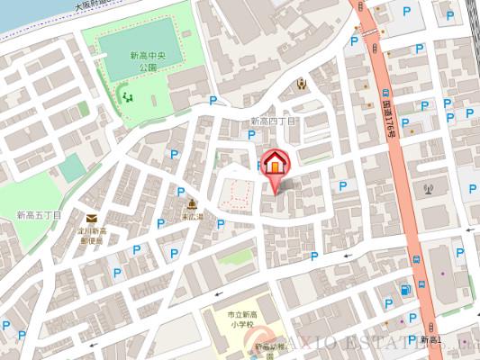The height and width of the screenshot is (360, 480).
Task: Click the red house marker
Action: pos(275,165)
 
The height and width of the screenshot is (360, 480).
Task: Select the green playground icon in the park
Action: pos(127,94)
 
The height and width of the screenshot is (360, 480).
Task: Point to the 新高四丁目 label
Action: pos(273,121)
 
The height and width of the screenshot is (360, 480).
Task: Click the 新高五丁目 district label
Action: pos(39,215)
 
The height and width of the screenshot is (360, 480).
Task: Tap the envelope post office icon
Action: pos(92,218)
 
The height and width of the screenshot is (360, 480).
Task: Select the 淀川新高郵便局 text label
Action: pos(90,237)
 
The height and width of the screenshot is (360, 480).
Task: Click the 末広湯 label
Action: pos(191,217)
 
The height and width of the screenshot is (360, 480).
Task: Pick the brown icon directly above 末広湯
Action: pos(191,202)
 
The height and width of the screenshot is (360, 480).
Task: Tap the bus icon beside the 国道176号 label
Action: pos(386,93)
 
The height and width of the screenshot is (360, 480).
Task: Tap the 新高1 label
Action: pos(430,338)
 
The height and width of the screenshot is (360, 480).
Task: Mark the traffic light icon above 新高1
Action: pos(430,325)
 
